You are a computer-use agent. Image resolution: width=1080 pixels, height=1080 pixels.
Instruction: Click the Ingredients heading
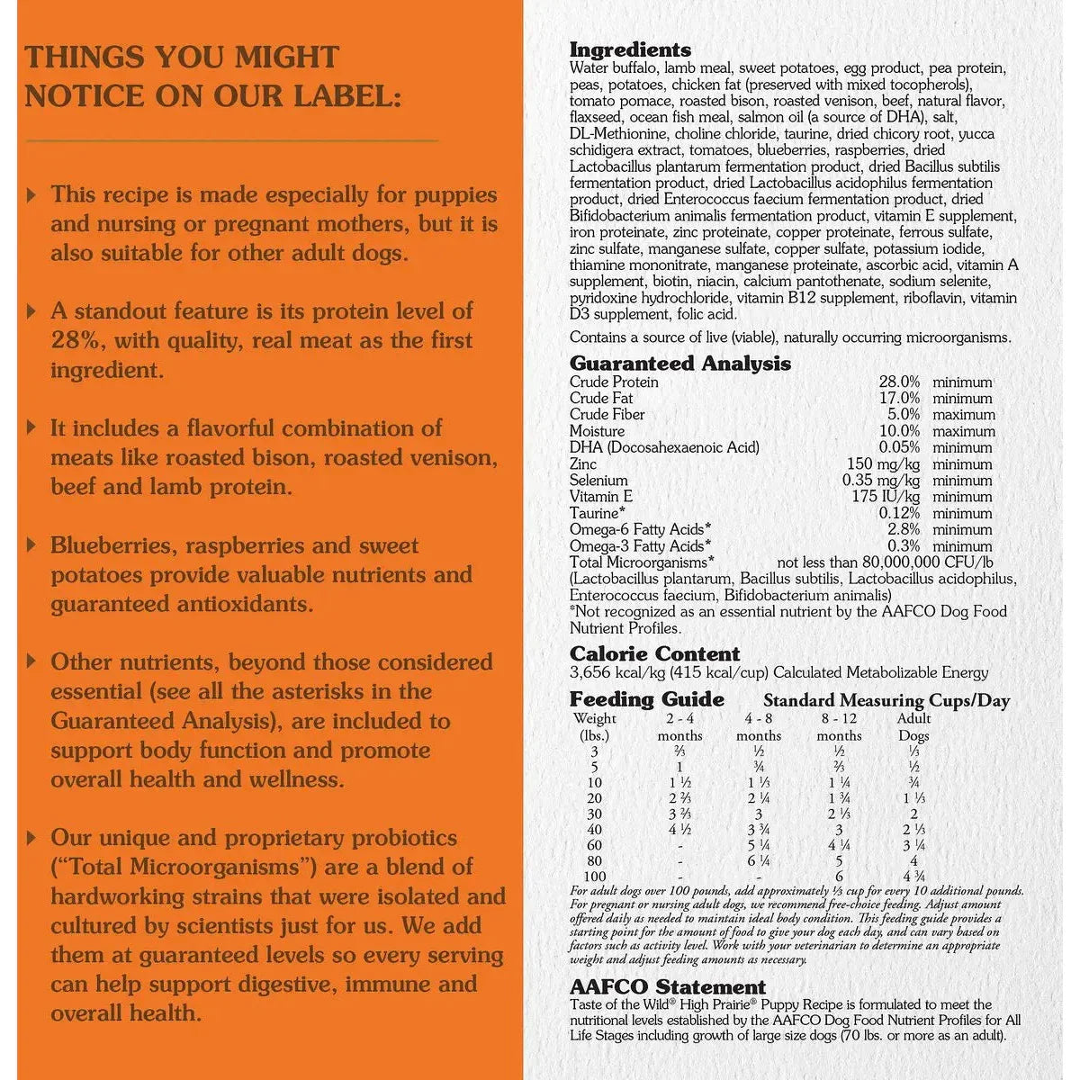pyautogui.click(x=630, y=50)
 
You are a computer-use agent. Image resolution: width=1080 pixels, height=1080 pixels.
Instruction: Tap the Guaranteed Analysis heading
pyautogui.click(x=679, y=364)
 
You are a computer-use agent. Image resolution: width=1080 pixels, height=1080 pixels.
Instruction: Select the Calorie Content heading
pyautogui.click(x=654, y=654)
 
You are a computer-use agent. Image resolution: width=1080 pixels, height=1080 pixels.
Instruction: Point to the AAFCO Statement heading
pyautogui.click(x=667, y=987)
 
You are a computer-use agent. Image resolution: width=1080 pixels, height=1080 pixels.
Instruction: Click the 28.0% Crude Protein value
pyautogui.click(x=899, y=382)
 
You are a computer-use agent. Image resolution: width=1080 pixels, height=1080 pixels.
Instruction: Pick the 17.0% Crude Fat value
pyautogui.click(x=899, y=399)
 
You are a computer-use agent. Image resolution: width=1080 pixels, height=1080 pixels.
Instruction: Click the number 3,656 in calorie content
pyautogui.click(x=589, y=673)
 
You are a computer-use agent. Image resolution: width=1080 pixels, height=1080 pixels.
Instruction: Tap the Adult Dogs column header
pyautogui.click(x=913, y=727)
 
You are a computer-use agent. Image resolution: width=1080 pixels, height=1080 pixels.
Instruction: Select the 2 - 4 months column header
pyautogui.click(x=679, y=727)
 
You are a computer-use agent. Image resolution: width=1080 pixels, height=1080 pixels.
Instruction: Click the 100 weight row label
pyautogui.click(x=594, y=877)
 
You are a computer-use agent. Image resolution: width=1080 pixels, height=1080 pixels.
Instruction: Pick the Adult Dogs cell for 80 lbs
pyautogui.click(x=913, y=861)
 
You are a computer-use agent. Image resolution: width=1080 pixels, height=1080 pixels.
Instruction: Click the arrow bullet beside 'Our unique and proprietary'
pyautogui.click(x=33, y=839)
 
